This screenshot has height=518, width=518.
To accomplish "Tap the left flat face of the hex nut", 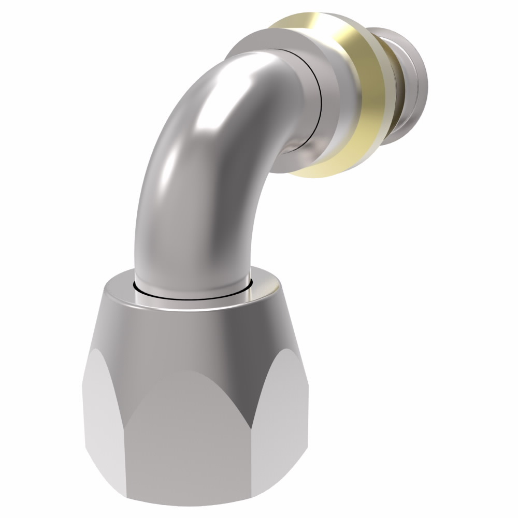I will click(x=104, y=420).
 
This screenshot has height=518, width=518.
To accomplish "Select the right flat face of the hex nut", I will click(x=282, y=420).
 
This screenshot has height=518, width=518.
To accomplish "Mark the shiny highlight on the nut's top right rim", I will click(x=264, y=287).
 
